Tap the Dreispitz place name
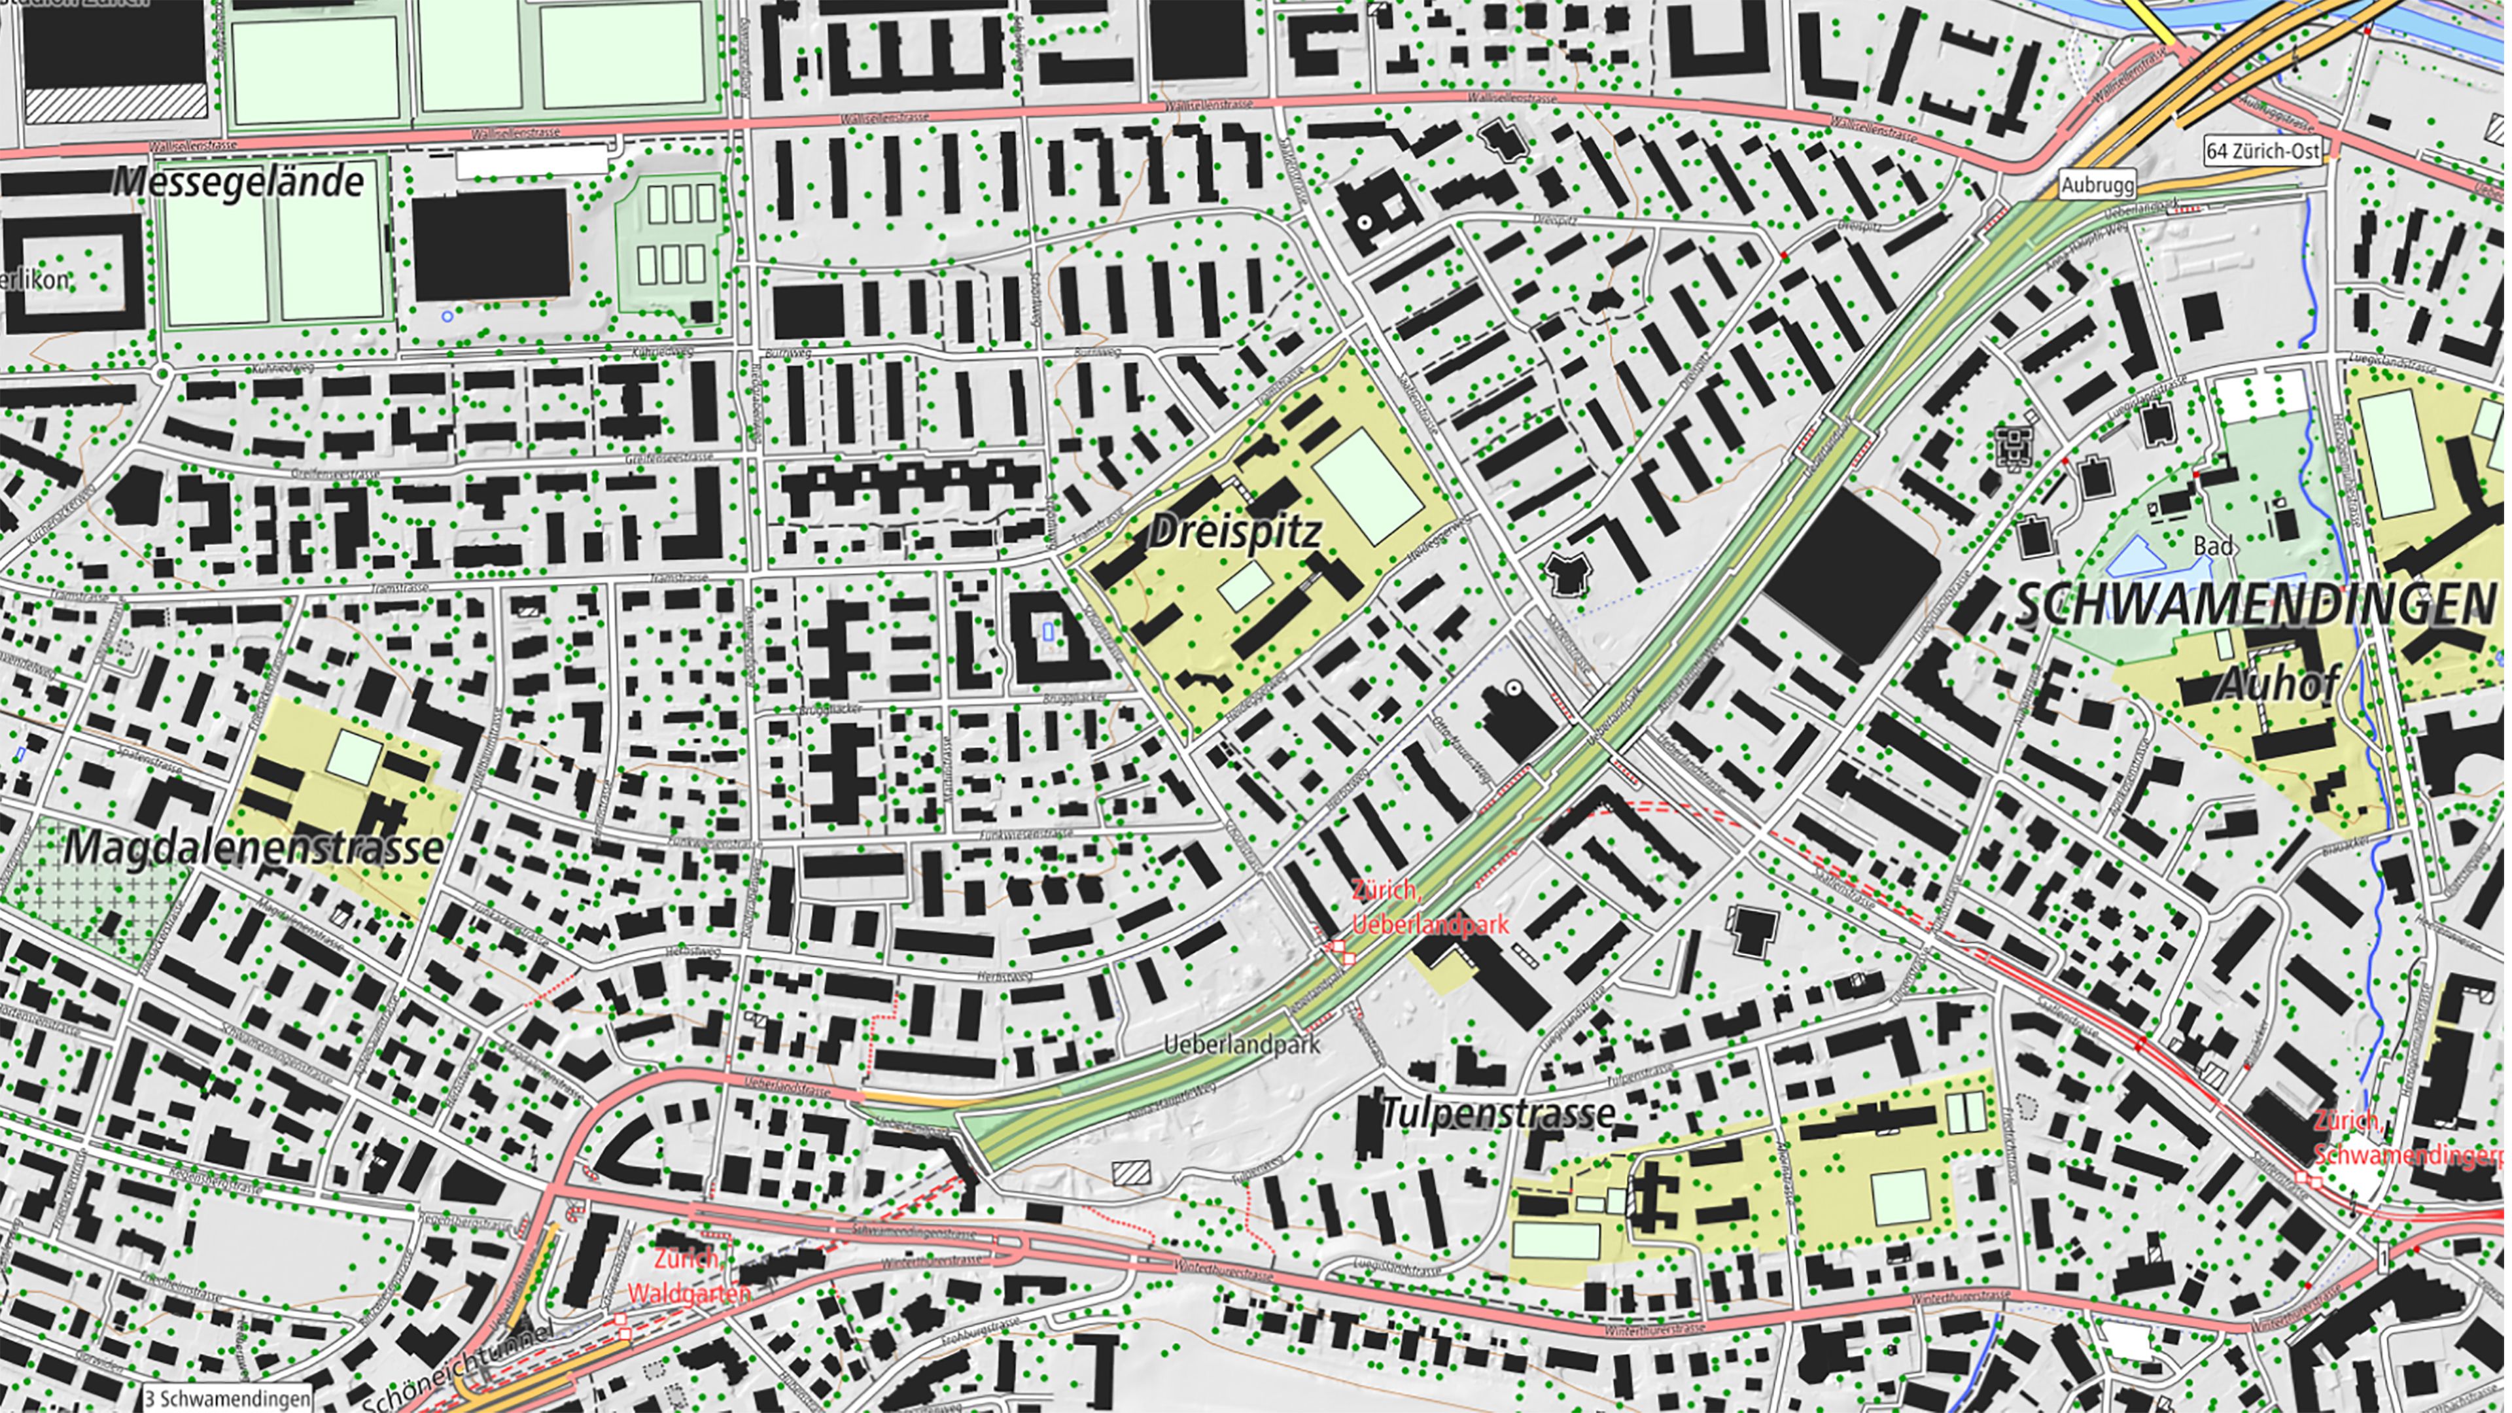point(1234,531)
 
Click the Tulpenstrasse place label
point(1498,1113)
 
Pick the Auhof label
point(2278,684)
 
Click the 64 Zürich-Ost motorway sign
point(2262,151)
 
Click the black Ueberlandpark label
point(1242,1045)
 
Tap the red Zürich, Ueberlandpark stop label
point(1429,907)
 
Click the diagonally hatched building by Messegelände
point(115,101)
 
